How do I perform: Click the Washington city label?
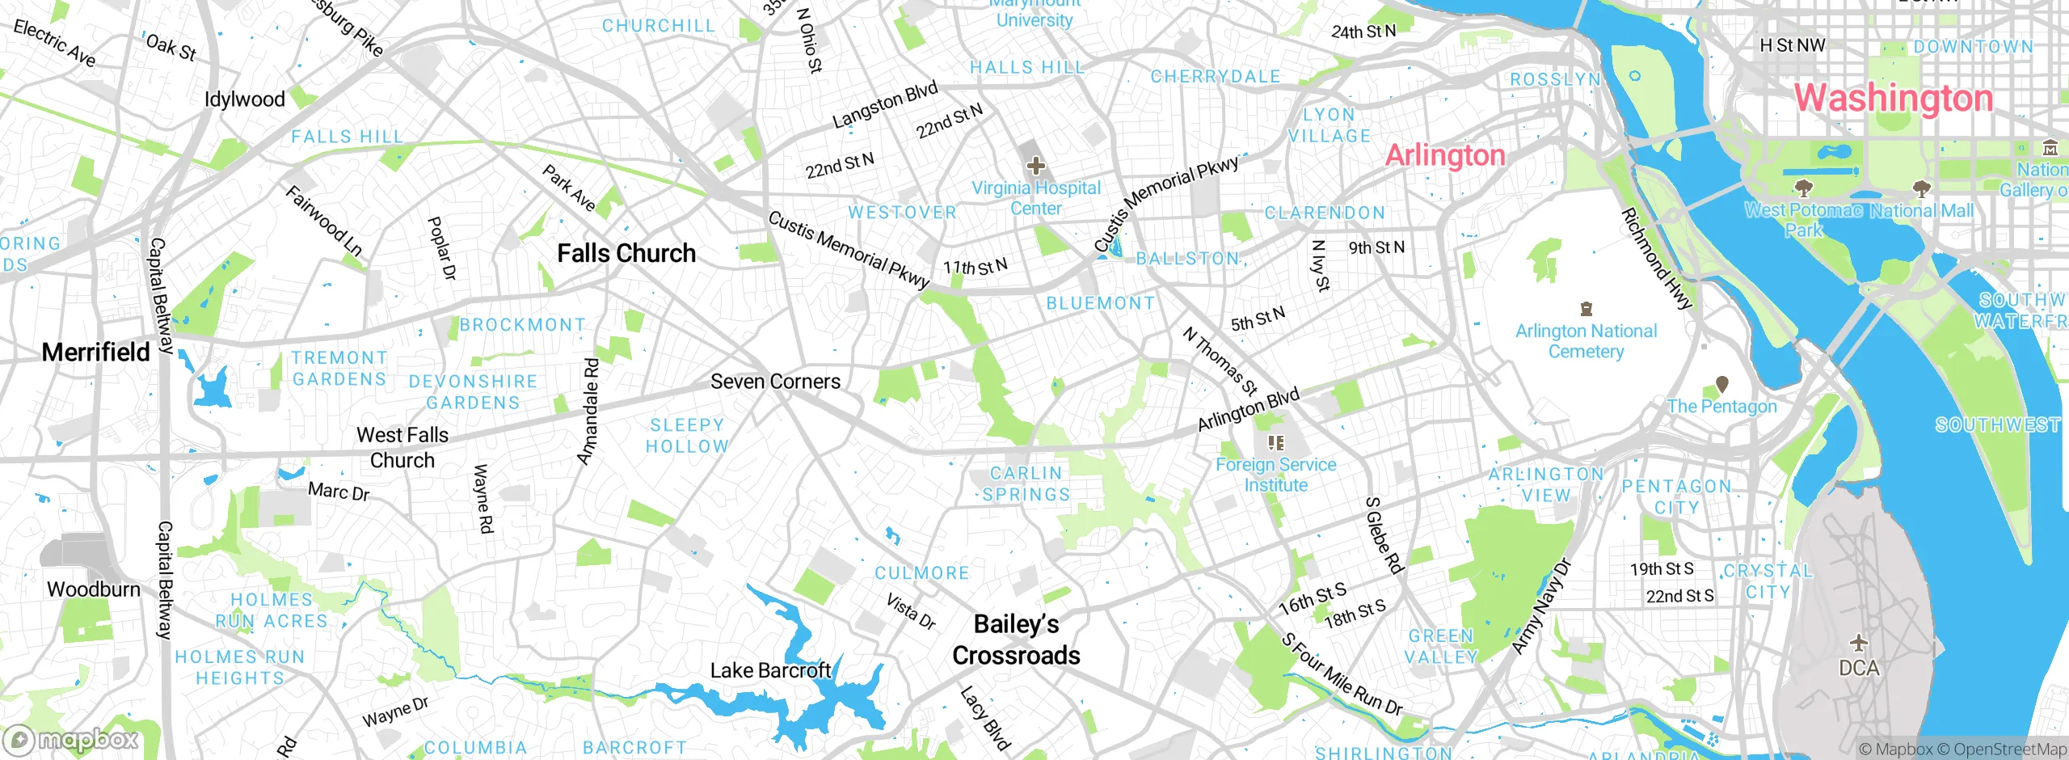coord(1893,99)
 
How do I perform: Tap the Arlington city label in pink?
coord(1445,155)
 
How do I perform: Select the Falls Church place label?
coord(626,253)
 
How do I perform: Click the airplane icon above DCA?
coord(1859,643)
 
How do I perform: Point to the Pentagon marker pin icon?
coord(1722,383)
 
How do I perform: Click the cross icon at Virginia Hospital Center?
coord(1035,167)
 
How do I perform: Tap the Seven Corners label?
coord(775,382)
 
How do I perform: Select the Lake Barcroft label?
coord(770,670)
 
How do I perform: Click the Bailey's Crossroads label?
coord(1016,640)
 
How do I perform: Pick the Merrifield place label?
coord(95,353)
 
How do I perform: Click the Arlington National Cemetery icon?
coord(1587,309)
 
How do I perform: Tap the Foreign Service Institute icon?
coord(1275,442)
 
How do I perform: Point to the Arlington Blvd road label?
coord(1248,409)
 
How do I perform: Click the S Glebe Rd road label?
coord(1384,535)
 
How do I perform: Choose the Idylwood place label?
coord(245,99)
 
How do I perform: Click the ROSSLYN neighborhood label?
coord(1555,79)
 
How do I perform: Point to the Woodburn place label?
coord(94,589)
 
